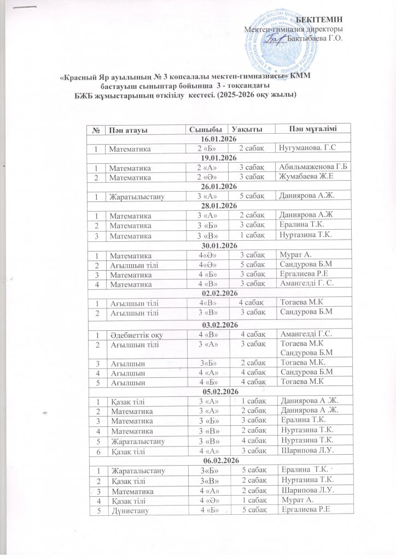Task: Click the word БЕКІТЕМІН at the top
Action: pyautogui.click(x=323, y=20)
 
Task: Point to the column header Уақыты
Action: pyautogui.click(x=247, y=129)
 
